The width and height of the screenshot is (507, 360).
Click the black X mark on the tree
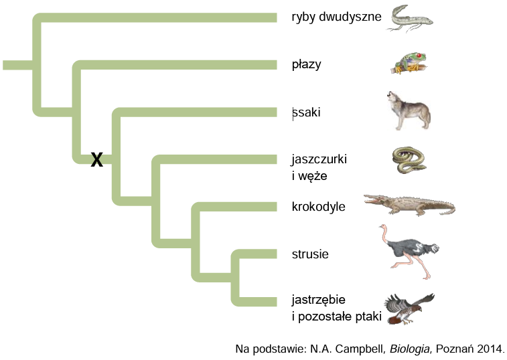96,159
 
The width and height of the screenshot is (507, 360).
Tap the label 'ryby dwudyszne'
336,17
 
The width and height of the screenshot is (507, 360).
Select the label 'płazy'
306,65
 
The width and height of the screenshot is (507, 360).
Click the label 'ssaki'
306,112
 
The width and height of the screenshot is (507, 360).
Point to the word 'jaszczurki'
319,159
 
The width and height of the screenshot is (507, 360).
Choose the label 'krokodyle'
319,207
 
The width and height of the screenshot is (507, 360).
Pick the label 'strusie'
310,254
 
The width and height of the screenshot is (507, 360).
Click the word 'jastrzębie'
319,300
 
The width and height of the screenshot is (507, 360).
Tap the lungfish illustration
410,19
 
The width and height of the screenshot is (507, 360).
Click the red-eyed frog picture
409,64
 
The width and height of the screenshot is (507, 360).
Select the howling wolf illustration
409,110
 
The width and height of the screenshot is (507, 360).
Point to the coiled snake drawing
409,160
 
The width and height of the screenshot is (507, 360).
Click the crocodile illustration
409,205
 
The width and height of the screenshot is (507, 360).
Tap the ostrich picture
409,252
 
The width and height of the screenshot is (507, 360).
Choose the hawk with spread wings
409,309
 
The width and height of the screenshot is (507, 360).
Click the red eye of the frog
419,56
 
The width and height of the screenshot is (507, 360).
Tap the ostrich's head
382,227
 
